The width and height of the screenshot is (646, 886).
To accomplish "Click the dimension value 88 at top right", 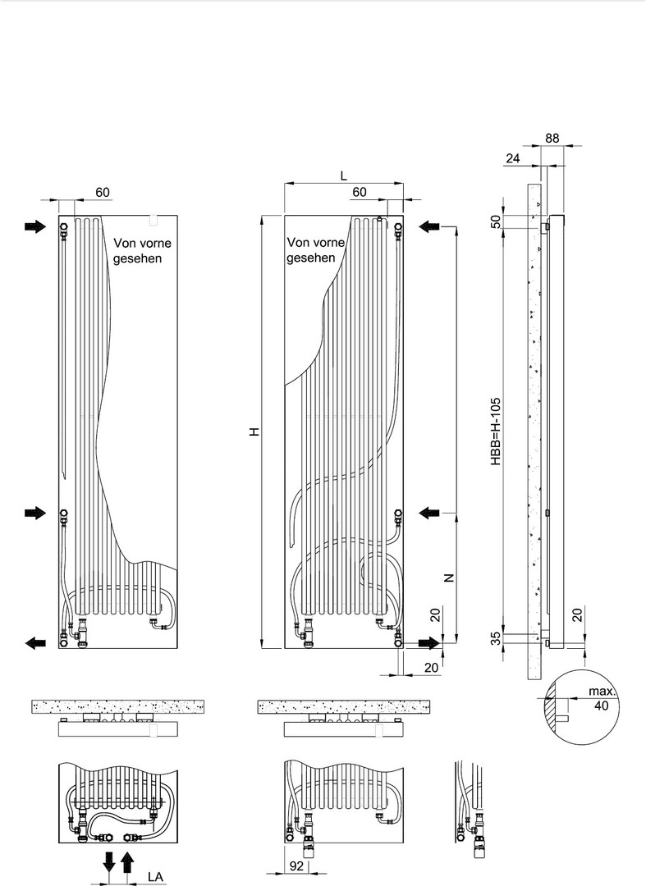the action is click(x=552, y=138).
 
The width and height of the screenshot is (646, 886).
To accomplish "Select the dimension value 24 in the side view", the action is click(x=513, y=158).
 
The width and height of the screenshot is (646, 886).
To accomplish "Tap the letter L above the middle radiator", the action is click(x=344, y=176).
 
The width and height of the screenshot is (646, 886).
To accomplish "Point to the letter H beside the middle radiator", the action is click(x=255, y=432).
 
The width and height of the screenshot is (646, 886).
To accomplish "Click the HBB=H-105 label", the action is click(x=496, y=432).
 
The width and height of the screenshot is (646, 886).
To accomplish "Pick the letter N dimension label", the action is click(x=449, y=578).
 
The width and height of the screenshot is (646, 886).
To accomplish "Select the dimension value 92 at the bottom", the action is click(x=296, y=865).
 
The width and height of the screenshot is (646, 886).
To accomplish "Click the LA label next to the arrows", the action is click(x=155, y=876).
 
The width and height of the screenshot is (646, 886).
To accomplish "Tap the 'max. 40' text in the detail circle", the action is click(x=602, y=698).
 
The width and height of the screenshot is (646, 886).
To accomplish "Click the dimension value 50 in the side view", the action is click(x=497, y=221).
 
